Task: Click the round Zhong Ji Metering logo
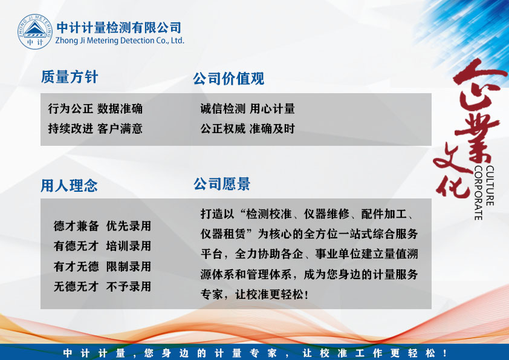pos(34,31)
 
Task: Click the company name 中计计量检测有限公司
pos(119,28)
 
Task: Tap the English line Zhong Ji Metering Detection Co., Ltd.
pos(120,41)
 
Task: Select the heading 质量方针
pos(70,77)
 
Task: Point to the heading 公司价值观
pos(229,79)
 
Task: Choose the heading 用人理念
pos(69,186)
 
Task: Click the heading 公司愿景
pos(222,184)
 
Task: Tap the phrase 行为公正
pos(71,108)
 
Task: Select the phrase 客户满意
pos(120,129)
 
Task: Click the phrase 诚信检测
pos(222,108)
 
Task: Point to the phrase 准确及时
pos(272,129)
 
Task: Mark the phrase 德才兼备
pos(76,226)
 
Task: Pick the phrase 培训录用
pos(129,246)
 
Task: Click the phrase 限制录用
pos(129,266)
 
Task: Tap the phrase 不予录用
pos(129,287)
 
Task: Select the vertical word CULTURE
pos(490,186)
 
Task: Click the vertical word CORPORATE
pos(478,193)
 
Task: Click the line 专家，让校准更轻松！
pos(254,295)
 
